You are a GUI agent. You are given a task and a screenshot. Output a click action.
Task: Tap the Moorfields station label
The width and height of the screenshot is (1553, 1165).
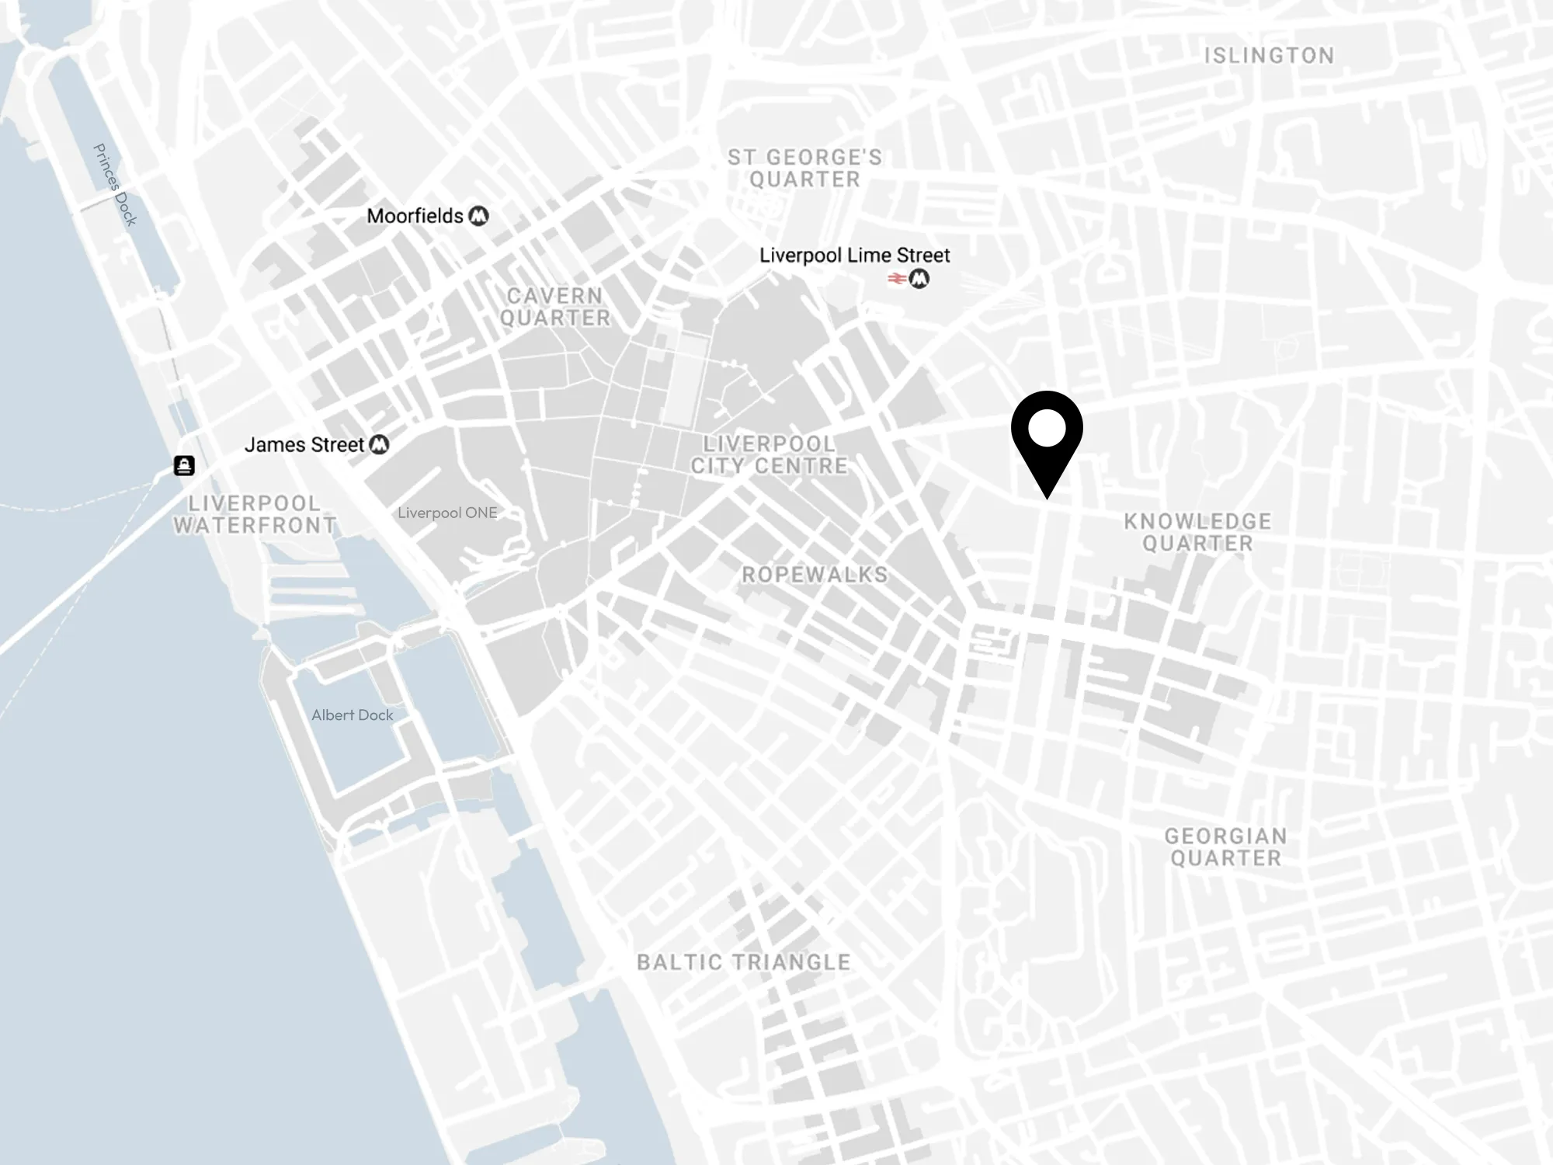point(415,216)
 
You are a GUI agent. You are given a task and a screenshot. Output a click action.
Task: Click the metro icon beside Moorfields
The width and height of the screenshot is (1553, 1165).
point(479,216)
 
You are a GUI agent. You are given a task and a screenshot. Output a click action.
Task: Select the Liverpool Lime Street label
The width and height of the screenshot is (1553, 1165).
point(854,255)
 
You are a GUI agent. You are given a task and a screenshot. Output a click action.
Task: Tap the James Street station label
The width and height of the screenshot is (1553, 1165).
point(304,445)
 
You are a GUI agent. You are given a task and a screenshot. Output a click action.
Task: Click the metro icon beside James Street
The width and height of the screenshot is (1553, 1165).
point(379,445)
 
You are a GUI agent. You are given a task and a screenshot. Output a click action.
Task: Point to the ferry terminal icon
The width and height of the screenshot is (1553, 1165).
point(184,465)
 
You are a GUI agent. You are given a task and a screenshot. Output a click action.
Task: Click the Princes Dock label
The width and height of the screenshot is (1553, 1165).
point(114,185)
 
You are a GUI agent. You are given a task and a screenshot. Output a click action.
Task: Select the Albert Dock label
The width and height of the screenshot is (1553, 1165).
point(352,715)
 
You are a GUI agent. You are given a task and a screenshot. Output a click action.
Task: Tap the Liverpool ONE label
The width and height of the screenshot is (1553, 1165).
point(447,513)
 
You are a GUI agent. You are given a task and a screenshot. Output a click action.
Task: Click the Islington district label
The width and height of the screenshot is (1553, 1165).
point(1269,56)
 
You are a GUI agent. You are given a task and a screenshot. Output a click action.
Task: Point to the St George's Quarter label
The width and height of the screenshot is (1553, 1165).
point(804,168)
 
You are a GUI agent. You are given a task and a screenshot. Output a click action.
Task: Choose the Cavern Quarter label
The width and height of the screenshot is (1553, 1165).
point(554,307)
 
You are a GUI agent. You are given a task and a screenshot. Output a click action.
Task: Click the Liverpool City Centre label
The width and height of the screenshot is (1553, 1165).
point(769,455)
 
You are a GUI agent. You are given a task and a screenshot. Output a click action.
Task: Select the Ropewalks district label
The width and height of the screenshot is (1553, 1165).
point(815,575)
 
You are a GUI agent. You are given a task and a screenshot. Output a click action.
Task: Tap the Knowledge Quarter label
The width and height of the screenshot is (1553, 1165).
point(1197,532)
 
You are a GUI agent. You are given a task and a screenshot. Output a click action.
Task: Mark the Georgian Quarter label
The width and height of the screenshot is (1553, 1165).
point(1225,847)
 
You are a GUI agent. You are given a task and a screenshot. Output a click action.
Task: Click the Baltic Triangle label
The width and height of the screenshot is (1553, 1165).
point(744,962)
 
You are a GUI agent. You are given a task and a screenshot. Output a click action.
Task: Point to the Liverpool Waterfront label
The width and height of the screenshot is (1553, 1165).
point(255,514)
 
